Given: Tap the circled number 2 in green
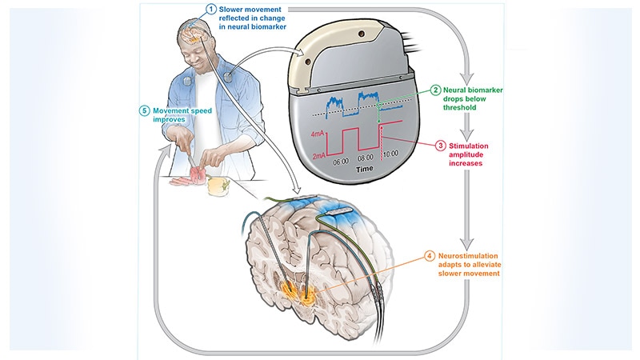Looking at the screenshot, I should pos(437,90).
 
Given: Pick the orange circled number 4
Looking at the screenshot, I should pos(431,257).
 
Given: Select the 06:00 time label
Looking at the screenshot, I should pos(342,162).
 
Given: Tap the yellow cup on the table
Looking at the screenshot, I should pos(216,186).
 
